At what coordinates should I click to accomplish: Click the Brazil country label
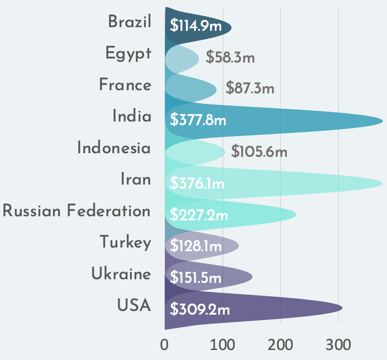coord(130,22)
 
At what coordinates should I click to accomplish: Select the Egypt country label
coord(128,54)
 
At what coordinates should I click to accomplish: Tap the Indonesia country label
coord(114,148)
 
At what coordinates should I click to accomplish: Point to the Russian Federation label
coord(77,211)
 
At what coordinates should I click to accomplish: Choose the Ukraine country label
coord(121,274)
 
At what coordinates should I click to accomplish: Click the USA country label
coord(134,305)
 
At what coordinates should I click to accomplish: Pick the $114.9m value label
coord(196,26)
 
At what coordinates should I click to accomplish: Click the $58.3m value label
coord(230,58)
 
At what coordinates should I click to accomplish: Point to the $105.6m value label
coord(259,151)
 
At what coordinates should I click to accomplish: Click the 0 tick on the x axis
coord(164,345)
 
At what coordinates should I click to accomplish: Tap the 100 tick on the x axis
coord(223,345)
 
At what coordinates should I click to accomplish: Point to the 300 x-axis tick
coord(338,345)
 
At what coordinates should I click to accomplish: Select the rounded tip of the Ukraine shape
coord(252,277)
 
